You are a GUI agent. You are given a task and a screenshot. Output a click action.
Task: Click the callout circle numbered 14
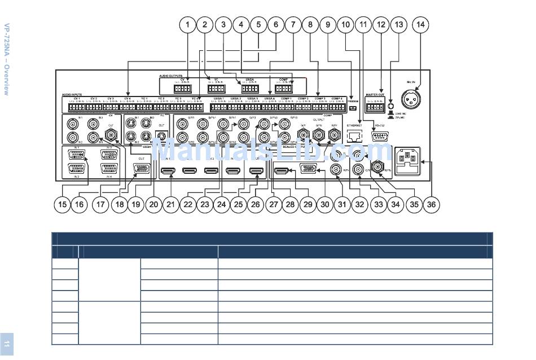click(x=420, y=24)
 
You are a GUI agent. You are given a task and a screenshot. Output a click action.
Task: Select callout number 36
click(x=431, y=205)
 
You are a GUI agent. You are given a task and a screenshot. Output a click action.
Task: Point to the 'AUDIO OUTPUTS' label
click(x=170, y=75)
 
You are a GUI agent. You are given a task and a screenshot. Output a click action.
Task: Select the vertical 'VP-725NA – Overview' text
click(x=7, y=59)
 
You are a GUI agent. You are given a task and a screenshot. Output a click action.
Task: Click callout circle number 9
click(x=328, y=24)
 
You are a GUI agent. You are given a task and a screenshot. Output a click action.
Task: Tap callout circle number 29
click(x=307, y=205)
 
